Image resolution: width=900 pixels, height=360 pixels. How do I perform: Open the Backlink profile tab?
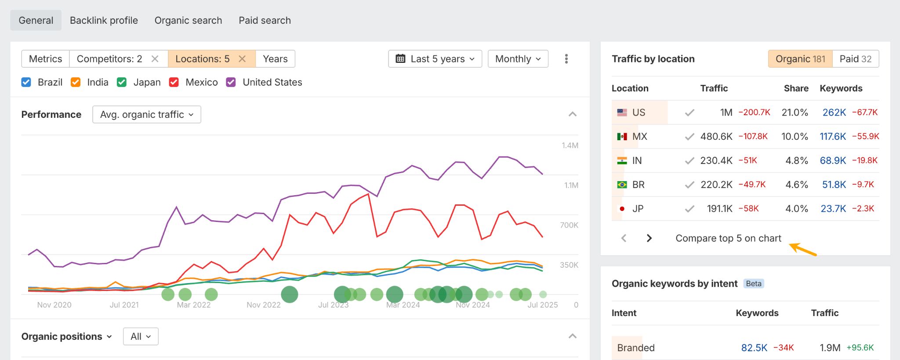pos(104,21)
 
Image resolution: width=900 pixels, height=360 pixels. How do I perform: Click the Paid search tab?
pos(265,21)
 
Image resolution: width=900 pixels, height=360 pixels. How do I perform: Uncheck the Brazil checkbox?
pos(26,82)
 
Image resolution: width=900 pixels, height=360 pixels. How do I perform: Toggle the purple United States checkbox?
pos(231,82)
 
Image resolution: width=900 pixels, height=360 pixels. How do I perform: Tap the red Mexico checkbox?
pos(174,82)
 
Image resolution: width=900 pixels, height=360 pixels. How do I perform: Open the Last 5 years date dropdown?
pos(435,59)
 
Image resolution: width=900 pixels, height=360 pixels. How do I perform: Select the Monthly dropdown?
pos(518,59)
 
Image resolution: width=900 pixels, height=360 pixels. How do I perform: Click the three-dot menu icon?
pos(566,59)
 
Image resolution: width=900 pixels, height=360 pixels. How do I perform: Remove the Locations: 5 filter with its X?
pos(242,59)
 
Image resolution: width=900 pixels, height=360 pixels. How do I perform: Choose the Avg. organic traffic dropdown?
pos(147,115)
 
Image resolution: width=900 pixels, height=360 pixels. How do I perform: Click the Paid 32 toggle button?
pos(855,59)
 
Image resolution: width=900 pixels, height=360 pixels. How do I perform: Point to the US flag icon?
pos(622,113)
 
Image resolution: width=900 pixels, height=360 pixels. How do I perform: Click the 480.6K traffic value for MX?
pos(716,137)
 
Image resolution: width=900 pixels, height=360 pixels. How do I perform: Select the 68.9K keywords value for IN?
pos(833,160)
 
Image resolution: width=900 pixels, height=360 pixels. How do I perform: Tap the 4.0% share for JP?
pos(796,209)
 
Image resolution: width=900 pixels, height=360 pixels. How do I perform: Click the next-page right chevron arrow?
pos(649,238)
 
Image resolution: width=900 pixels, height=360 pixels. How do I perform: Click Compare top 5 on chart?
pos(728,238)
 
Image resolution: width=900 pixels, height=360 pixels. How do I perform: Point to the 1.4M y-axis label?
pos(570,145)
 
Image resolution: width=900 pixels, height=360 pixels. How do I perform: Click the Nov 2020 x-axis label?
pos(54,305)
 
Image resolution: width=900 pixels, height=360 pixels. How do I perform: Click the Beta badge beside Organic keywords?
pos(753,284)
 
